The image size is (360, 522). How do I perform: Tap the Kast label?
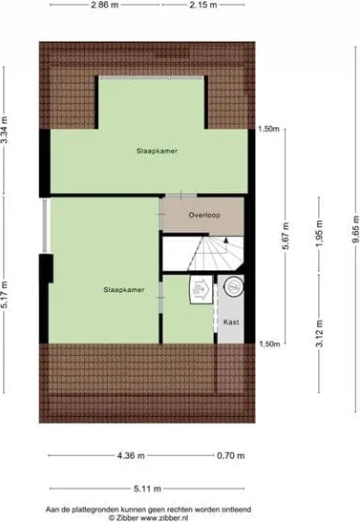[231, 323]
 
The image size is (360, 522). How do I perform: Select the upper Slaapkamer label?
[157, 151]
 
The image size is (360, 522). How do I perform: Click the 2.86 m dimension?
[105, 6]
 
